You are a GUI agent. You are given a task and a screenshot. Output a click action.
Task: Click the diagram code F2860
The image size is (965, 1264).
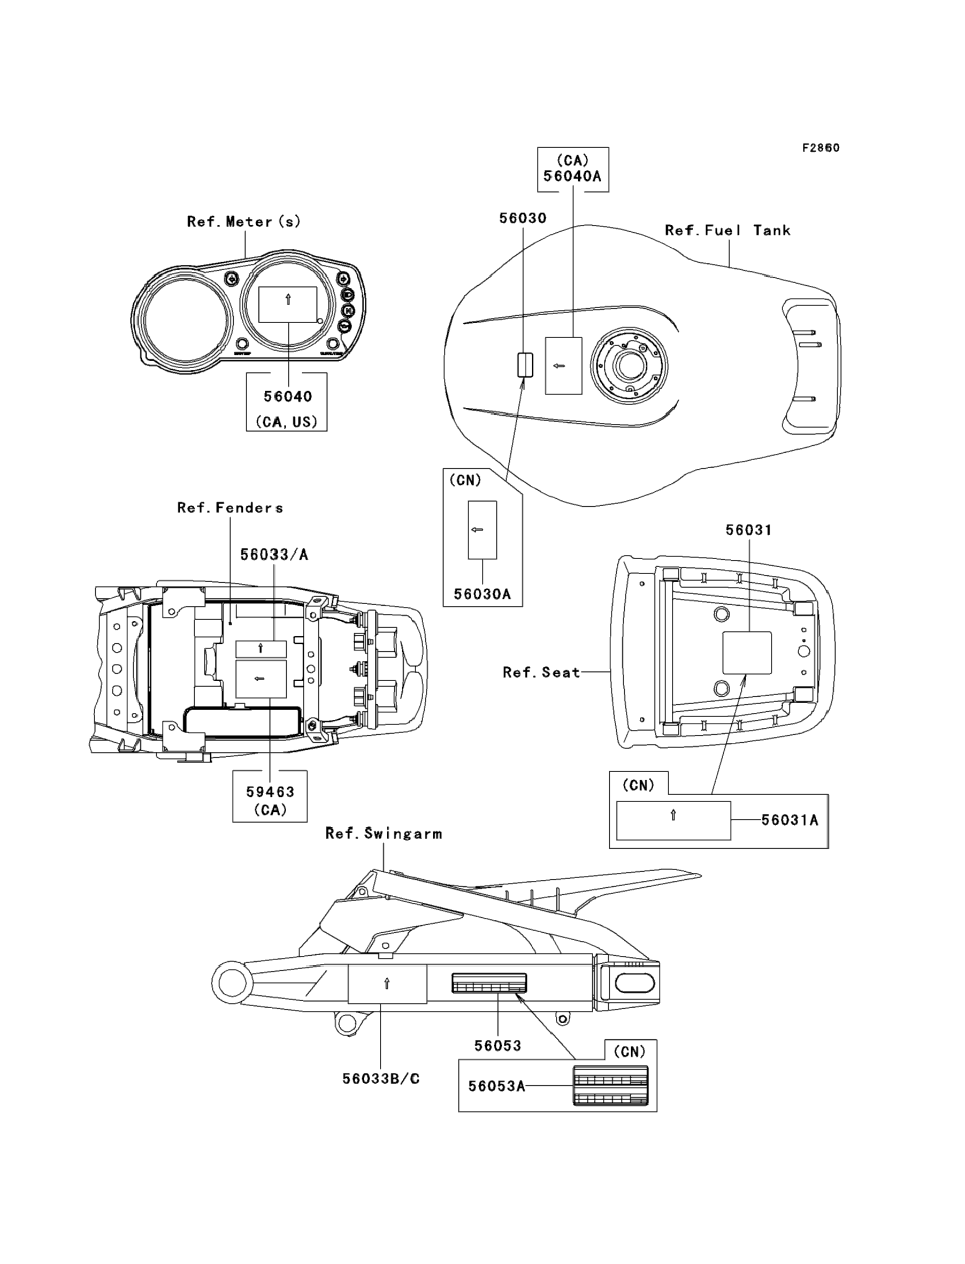821,148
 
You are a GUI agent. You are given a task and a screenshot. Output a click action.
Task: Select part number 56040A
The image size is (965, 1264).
572,177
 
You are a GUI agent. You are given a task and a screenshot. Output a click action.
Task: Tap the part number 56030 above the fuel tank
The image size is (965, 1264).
523,218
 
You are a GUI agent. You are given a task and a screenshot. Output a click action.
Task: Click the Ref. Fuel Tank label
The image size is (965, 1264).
728,231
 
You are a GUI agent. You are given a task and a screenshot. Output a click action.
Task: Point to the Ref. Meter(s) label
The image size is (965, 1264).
243,222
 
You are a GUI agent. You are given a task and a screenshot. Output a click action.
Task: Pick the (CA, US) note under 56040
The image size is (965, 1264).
286,422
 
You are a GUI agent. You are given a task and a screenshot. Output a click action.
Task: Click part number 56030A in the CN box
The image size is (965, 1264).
482,594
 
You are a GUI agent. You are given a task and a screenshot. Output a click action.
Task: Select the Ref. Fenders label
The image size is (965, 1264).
230,508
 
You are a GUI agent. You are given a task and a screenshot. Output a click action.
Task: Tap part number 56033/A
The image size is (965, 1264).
274,554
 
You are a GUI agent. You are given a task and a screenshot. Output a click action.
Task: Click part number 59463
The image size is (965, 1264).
270,791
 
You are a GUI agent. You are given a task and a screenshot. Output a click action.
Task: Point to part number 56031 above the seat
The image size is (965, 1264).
748,530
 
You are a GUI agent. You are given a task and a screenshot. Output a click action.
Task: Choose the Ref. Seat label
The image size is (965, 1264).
542,672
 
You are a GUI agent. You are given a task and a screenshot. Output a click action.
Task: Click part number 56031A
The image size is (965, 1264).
790,820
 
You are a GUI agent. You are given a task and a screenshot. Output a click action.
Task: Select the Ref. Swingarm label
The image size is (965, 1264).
384,834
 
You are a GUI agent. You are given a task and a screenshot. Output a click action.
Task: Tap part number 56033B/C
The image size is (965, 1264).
381,1079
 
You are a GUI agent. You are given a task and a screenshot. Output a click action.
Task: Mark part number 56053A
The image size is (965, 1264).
496,1086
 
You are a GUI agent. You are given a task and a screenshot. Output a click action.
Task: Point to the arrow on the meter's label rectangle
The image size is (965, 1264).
288,299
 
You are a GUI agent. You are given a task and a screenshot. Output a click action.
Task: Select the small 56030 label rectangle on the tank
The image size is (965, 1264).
525,365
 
